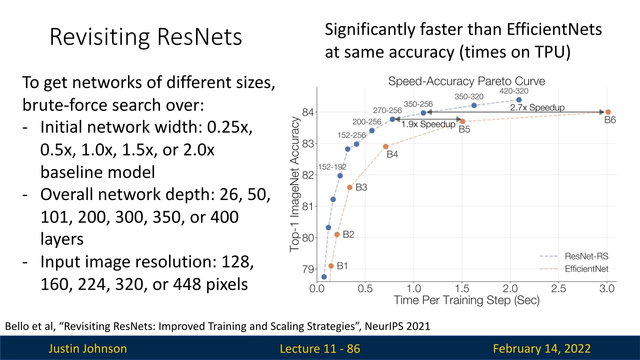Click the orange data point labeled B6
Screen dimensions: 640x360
pos(608,112)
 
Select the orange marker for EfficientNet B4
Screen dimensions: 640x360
pos(386,147)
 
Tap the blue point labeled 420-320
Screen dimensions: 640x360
pos(519,100)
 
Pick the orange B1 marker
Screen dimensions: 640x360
pos(331,266)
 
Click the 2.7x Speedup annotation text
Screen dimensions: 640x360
pos(537,107)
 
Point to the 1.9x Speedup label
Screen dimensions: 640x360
pos(428,124)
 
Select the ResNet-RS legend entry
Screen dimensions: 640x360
pos(574,256)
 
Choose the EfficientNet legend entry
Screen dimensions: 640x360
pos(574,269)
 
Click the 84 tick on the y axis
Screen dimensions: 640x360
pos(308,112)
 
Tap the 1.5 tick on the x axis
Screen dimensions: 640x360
pos(462,288)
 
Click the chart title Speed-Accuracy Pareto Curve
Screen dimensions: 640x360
pos(467,81)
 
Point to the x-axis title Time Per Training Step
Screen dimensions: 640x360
pos(467,300)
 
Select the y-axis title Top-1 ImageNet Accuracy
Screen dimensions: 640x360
pos(295,184)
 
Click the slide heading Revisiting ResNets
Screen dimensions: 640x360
pos(146,37)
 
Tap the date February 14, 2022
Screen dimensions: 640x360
pos(542,349)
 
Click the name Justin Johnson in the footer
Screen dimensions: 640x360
pos(88,349)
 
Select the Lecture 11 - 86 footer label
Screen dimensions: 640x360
pos(320,349)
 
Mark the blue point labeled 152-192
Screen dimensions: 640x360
pos(340,176)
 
